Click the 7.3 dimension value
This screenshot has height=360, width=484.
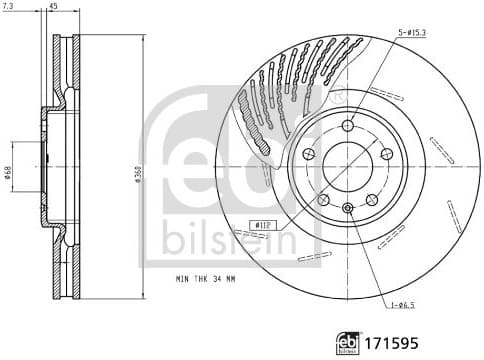pos(10,7)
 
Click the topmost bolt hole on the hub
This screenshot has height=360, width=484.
pos(347,126)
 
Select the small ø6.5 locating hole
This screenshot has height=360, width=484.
pos(347,207)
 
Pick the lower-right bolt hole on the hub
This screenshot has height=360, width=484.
pos(372,199)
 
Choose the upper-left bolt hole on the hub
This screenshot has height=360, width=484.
pos(308,154)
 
